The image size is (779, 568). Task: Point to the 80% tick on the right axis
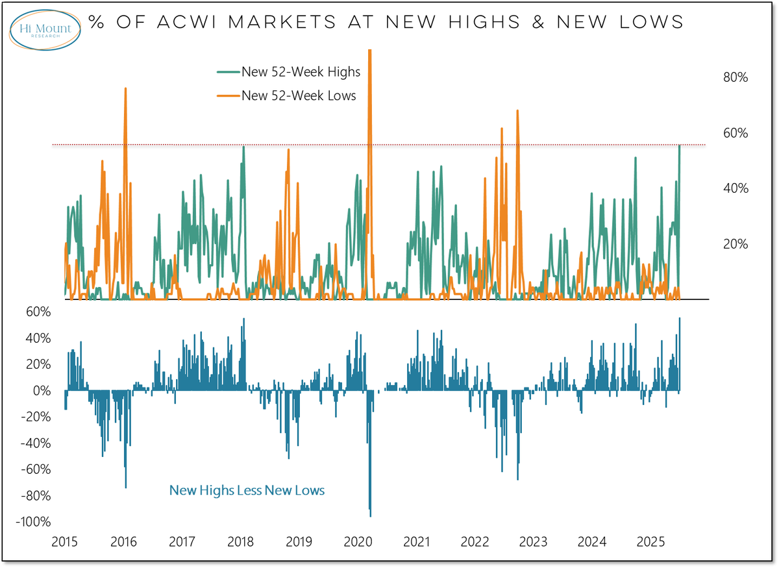coord(736,77)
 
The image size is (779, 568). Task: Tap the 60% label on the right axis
coord(736,133)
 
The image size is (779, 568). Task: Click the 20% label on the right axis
coord(736,244)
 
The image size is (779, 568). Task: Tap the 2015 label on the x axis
coord(65,541)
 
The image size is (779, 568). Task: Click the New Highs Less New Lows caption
coord(247,490)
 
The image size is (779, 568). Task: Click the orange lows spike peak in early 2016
coord(125,89)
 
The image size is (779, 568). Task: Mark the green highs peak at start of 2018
coord(243,147)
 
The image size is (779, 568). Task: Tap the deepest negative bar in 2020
coord(370,515)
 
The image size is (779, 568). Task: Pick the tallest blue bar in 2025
coord(679,319)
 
